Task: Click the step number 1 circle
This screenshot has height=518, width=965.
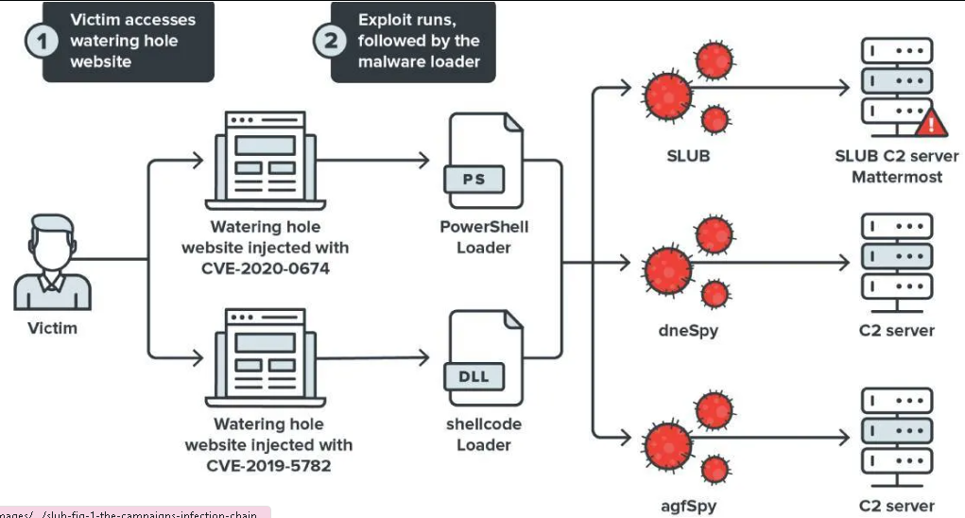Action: tap(39, 43)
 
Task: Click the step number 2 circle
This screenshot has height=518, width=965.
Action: tap(330, 43)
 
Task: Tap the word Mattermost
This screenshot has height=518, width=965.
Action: tap(896, 176)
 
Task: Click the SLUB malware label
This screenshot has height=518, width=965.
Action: tap(688, 155)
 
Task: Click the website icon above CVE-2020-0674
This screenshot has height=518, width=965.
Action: tap(266, 161)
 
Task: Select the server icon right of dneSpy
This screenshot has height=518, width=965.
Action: tap(896, 262)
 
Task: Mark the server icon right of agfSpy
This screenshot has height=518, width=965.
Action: tap(896, 438)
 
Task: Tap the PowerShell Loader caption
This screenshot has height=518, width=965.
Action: tap(484, 237)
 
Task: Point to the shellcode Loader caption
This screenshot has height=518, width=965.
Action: tap(484, 434)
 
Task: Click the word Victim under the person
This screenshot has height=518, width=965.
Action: tap(52, 328)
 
